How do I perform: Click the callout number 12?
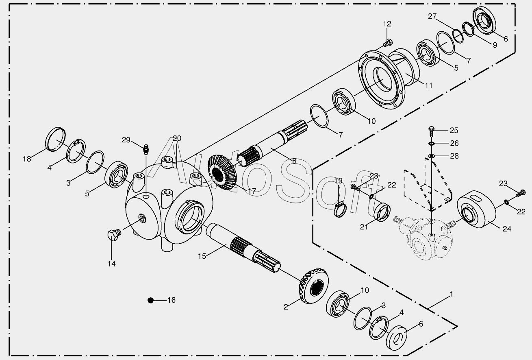(387, 24)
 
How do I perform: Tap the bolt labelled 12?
(387, 42)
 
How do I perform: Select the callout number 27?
(432, 16)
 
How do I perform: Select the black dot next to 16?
(151, 300)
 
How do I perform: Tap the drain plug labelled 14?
(113, 235)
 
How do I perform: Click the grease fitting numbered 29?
(145, 148)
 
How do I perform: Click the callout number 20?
(177, 138)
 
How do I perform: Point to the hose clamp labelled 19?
(342, 211)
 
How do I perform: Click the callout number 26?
(454, 143)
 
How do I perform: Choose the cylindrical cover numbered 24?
(477, 209)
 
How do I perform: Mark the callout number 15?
(202, 256)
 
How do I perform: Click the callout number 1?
(451, 294)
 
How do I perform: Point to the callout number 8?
(294, 161)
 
